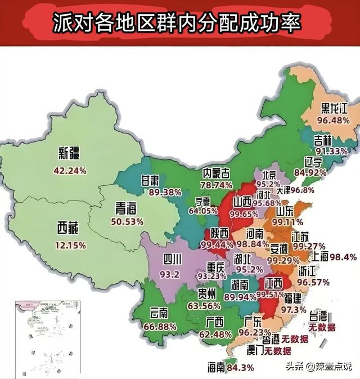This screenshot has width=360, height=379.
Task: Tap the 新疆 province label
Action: (70, 153)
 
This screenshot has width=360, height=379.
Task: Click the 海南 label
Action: (217, 367)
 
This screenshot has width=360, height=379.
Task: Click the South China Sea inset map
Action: (47, 332)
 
